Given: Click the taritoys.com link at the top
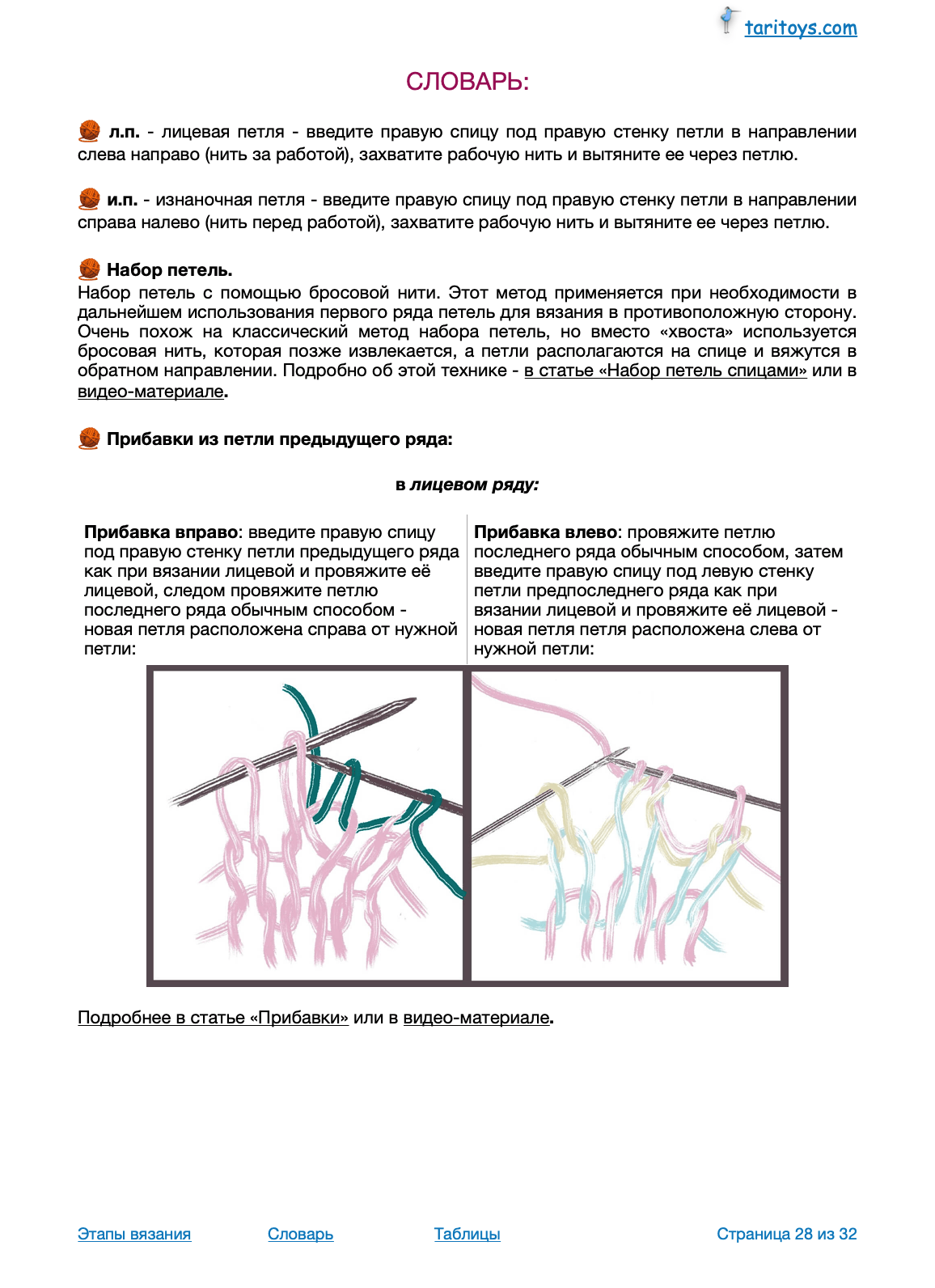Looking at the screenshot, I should click(x=800, y=28).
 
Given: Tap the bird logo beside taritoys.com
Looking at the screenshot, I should click(x=729, y=20).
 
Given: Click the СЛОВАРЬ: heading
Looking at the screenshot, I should click(x=467, y=82).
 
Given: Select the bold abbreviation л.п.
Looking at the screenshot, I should click(x=124, y=132).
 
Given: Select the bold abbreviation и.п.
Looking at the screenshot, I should click(x=122, y=200).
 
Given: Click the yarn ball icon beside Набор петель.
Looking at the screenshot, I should click(x=89, y=269).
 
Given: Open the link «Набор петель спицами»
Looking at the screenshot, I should click(x=665, y=371).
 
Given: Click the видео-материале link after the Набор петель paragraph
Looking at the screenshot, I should click(x=150, y=392).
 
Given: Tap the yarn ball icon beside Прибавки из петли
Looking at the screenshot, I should click(x=89, y=439).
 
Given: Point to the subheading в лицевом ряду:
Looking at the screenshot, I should click(x=467, y=485).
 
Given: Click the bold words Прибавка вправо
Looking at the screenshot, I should click(x=161, y=532).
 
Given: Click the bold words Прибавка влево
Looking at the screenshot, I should click(x=545, y=532).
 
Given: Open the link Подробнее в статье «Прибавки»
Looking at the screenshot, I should click(x=213, y=1018).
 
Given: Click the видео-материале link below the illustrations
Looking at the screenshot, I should click(x=476, y=1018).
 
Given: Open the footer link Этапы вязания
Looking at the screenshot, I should click(x=134, y=1234).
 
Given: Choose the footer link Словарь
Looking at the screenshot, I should click(x=300, y=1234).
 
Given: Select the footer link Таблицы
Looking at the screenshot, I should click(x=467, y=1234).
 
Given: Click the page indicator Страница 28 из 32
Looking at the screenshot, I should click(x=786, y=1234).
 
